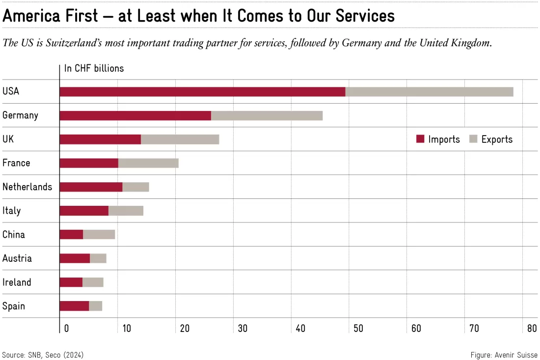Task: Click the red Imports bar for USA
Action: click(x=202, y=92)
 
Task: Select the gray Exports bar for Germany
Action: click(x=267, y=116)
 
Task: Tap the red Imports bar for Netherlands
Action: click(x=91, y=187)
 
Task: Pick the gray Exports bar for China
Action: click(x=99, y=235)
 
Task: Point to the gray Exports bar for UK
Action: click(x=180, y=139)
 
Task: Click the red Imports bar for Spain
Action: click(x=75, y=306)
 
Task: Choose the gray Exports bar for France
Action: click(x=148, y=163)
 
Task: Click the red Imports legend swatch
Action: click(x=420, y=139)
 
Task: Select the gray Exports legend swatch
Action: click(x=473, y=139)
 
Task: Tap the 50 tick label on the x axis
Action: click(x=358, y=328)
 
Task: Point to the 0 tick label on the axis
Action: click(x=66, y=328)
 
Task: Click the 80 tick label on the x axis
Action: click(x=532, y=328)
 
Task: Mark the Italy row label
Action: click(x=12, y=211)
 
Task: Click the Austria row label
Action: click(x=17, y=258)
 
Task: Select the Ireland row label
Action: click(x=17, y=282)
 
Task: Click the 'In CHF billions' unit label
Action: click(x=94, y=68)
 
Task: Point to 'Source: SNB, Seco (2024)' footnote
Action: click(x=43, y=355)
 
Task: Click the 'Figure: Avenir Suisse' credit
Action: click(x=504, y=355)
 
